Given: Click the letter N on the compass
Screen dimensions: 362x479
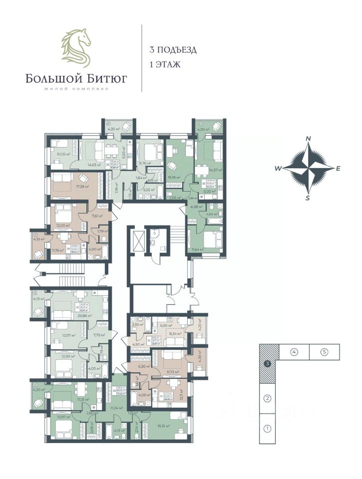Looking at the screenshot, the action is (309, 139).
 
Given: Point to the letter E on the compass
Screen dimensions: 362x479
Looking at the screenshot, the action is (338, 169).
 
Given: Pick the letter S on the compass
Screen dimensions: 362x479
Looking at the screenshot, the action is (308, 198).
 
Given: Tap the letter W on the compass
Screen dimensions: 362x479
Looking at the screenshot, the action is (277, 169).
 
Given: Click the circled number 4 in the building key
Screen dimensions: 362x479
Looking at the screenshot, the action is (294, 352).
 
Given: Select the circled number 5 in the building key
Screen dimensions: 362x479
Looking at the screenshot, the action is (324, 352).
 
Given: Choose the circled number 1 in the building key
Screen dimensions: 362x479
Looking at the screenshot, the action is (268, 428).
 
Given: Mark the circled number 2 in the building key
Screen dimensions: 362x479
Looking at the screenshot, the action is (268, 398).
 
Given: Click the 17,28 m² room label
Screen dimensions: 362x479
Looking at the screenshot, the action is (80, 187).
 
